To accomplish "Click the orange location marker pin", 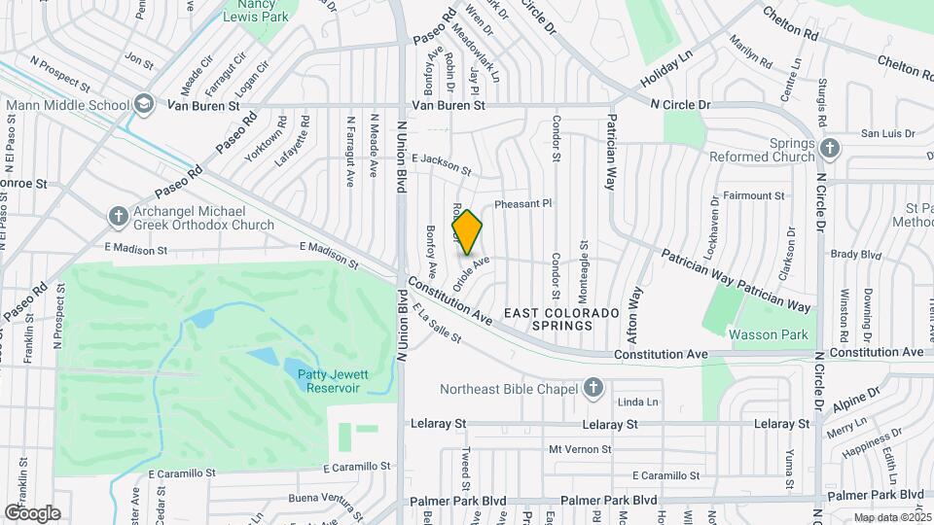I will (467, 231).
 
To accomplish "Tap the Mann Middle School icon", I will (144, 104).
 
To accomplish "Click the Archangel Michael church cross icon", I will (118, 215).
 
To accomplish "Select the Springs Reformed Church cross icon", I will (829, 148).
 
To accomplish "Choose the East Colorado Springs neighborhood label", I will (561, 319).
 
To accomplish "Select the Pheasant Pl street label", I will (522, 203).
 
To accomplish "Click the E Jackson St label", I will (442, 164).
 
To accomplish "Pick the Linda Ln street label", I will (638, 402).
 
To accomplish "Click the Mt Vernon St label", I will (580, 449).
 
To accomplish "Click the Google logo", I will (31, 513).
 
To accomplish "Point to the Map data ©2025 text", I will (891, 518).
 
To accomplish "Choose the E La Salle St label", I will (436, 323).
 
